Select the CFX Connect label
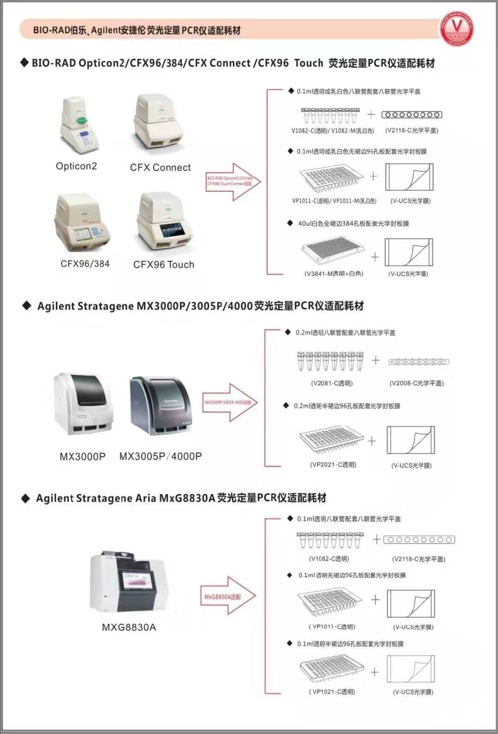(x=160, y=167)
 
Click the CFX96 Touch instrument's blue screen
(x=174, y=230)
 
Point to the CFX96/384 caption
(x=85, y=264)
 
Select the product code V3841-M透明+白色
(x=334, y=273)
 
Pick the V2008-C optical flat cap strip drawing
(x=418, y=362)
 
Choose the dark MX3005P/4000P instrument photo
(x=161, y=406)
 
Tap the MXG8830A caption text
(x=129, y=627)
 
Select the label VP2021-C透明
(x=333, y=465)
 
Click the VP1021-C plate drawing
(x=331, y=669)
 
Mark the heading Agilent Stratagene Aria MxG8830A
(x=181, y=498)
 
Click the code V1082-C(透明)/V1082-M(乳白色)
(x=332, y=130)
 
